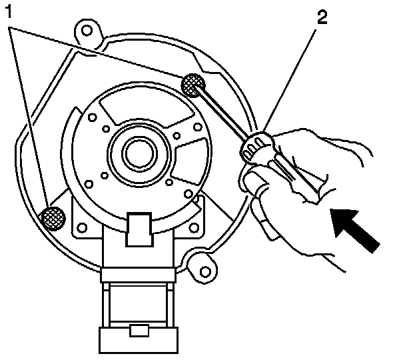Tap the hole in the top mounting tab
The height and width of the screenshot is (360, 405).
(86, 30)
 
